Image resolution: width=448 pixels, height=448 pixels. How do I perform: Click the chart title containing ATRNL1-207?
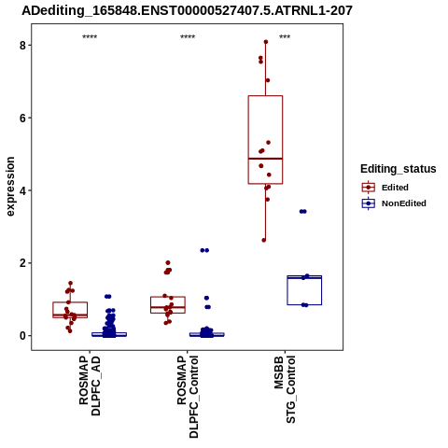point(187,11)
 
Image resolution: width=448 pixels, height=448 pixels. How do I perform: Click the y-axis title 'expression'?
point(10,187)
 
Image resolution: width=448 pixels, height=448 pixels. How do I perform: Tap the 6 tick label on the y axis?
point(22,118)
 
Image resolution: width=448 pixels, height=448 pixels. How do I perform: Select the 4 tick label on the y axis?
point(22,190)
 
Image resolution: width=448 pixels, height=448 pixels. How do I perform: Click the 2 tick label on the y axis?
point(22,263)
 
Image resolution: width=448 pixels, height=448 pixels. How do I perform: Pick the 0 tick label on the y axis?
point(22,336)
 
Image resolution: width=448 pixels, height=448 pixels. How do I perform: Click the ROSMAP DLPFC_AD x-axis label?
point(90,385)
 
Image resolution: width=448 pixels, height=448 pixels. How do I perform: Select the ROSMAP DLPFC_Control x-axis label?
point(188,397)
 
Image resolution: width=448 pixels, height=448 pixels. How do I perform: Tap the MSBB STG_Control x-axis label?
point(285,390)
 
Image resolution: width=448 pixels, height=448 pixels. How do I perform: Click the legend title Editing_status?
point(399,169)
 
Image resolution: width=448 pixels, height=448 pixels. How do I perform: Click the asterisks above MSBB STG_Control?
point(285,37)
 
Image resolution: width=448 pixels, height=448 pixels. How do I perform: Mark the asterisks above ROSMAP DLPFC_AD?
point(90,37)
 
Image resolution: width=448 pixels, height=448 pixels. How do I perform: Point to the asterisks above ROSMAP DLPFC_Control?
point(188,37)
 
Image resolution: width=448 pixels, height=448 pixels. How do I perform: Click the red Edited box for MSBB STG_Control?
point(265,96)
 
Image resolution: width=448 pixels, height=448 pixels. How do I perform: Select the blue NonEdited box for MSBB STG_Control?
point(304,276)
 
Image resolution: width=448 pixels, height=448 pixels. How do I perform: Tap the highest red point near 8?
point(266,42)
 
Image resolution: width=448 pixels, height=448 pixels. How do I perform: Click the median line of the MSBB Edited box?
point(265,159)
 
